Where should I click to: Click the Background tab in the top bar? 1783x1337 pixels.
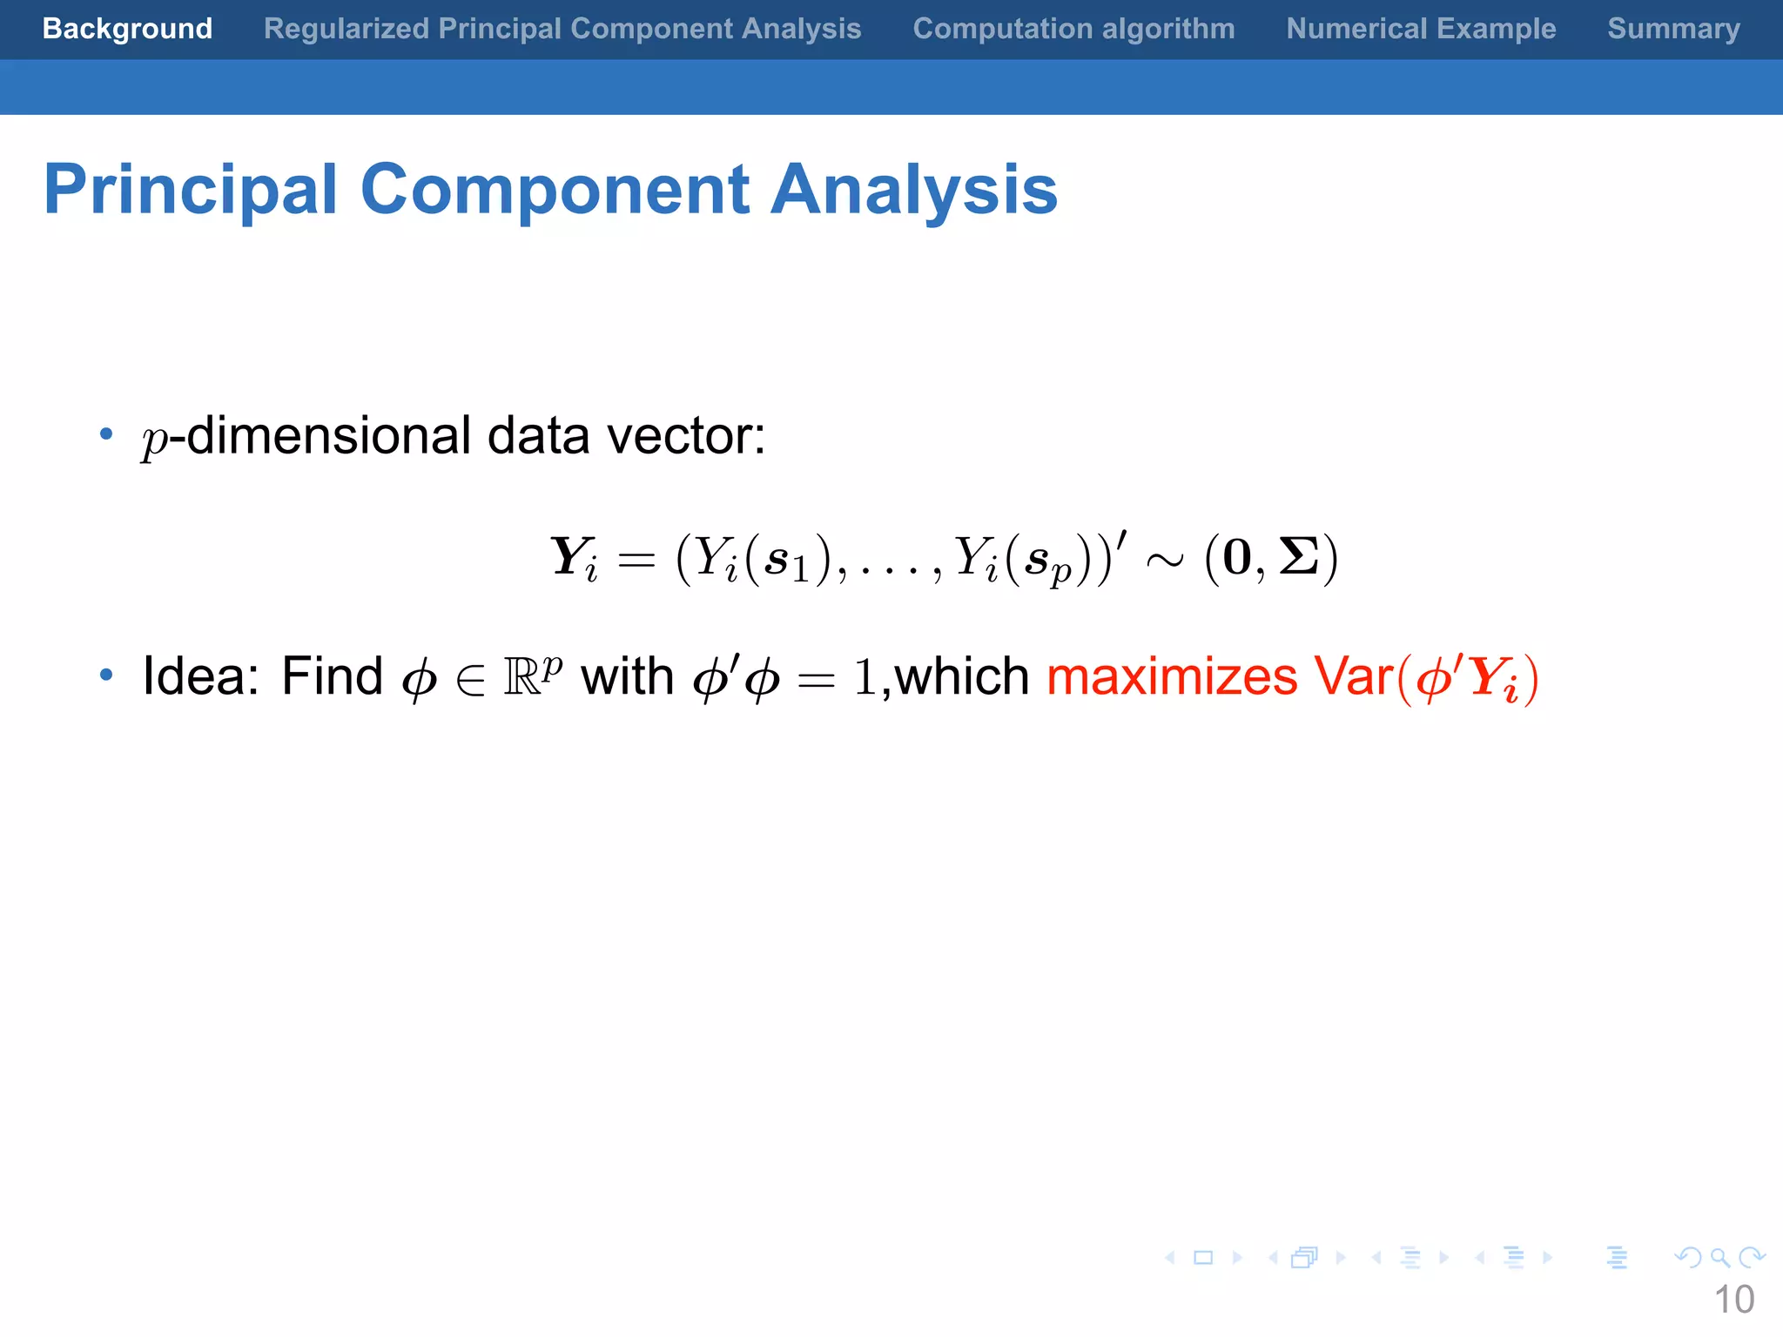click(127, 29)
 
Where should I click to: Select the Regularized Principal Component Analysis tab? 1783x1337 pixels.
click(562, 29)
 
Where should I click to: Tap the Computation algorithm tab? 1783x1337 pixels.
click(1073, 29)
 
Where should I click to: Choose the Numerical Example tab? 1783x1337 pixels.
click(1421, 29)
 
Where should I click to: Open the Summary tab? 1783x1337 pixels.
click(1673, 29)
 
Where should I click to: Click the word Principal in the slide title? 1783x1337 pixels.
click(190, 190)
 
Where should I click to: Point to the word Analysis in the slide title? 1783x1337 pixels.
click(914, 190)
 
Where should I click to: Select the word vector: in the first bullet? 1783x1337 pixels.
click(686, 435)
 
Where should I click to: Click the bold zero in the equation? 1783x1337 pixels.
click(1236, 557)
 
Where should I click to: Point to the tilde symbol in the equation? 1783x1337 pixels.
click(1165, 560)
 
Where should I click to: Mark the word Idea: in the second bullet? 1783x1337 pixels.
click(201, 675)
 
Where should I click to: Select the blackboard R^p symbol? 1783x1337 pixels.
click(533, 675)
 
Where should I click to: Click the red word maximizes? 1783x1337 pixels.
click(1172, 677)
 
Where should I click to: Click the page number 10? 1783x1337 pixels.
click(1733, 1300)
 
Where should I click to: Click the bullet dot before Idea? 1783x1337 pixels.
click(106, 675)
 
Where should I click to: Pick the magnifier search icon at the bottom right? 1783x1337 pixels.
click(1719, 1258)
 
